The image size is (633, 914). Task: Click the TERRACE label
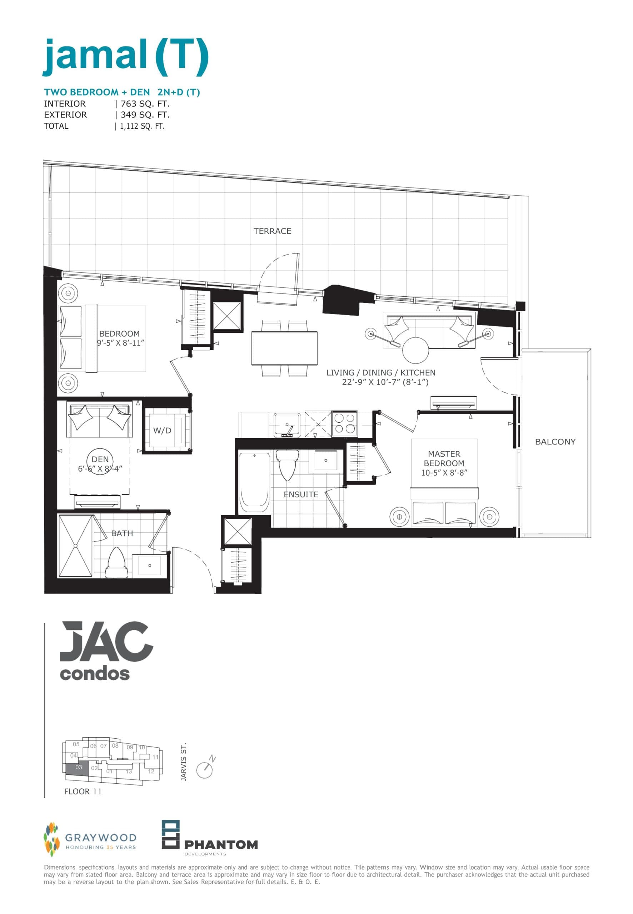coord(273,231)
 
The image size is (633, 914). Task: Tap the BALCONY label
coord(555,442)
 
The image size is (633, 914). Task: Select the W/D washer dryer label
coord(162,431)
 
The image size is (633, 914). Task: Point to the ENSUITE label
coord(301,494)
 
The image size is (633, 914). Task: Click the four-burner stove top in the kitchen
coord(345,423)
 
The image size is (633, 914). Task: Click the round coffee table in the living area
coord(415,350)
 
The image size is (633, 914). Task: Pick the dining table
coord(284,348)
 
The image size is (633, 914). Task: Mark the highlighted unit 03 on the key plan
coord(79,767)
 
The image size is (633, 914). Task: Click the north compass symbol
coord(205,769)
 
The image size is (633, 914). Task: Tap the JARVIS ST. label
coord(183,762)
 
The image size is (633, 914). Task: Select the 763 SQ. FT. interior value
coord(145,104)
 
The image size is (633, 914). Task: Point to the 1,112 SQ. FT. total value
coord(142,126)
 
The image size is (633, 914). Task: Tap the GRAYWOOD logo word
coord(101,837)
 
